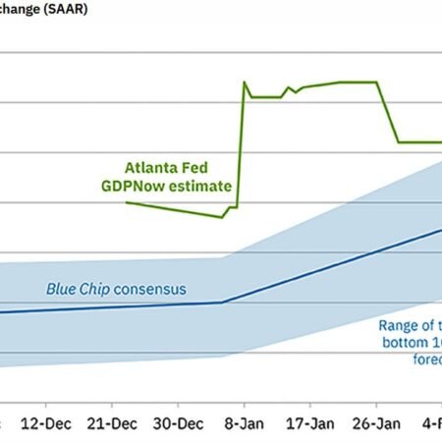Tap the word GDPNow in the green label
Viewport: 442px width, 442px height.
(x=153, y=185)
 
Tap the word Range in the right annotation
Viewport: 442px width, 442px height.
(x=402, y=326)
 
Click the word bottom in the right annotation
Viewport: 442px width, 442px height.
(x=407, y=343)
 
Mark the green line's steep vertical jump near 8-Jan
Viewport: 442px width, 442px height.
(x=241, y=147)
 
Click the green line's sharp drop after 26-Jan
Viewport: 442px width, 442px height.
(x=389, y=113)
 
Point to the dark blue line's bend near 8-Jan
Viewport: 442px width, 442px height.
(x=224, y=303)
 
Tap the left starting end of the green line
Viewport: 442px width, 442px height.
(x=128, y=201)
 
